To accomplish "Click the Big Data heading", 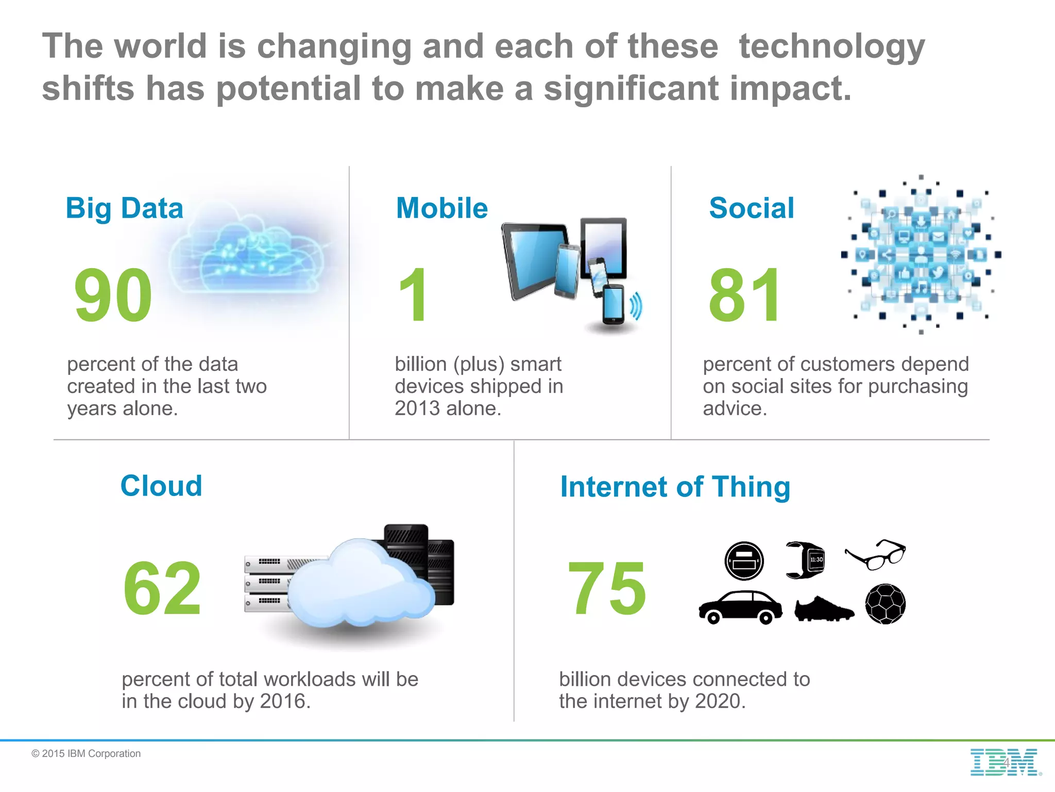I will (x=124, y=208).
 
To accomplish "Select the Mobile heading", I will (x=441, y=208).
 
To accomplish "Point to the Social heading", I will (x=751, y=208).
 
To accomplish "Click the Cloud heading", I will (x=161, y=486).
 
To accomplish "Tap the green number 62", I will (x=162, y=588).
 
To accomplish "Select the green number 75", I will (x=606, y=588).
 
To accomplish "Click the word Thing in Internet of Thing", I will (x=751, y=487).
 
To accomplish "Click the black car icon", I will (x=740, y=607).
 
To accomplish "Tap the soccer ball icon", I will (x=885, y=604).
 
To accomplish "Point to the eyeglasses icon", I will (x=876, y=555).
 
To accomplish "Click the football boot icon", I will (x=823, y=609).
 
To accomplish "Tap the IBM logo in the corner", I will (x=1005, y=763).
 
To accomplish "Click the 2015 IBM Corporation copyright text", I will (x=86, y=753).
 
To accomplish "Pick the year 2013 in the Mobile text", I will (x=417, y=408).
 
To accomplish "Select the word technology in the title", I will (x=831, y=46).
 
